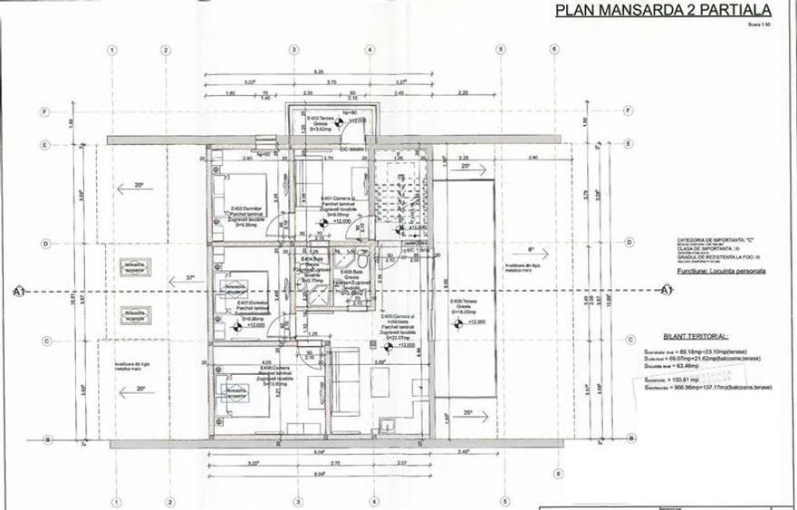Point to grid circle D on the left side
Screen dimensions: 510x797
pyautogui.click(x=43, y=243)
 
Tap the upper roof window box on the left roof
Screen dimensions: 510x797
pyautogui.click(x=140, y=265)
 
